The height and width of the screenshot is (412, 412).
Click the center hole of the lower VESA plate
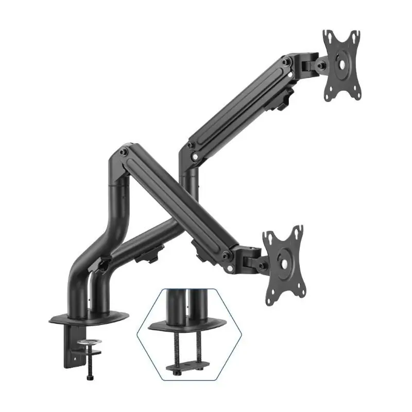283,262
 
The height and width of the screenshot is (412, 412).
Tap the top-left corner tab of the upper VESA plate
328,36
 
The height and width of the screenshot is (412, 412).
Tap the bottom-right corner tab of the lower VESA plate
297,298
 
